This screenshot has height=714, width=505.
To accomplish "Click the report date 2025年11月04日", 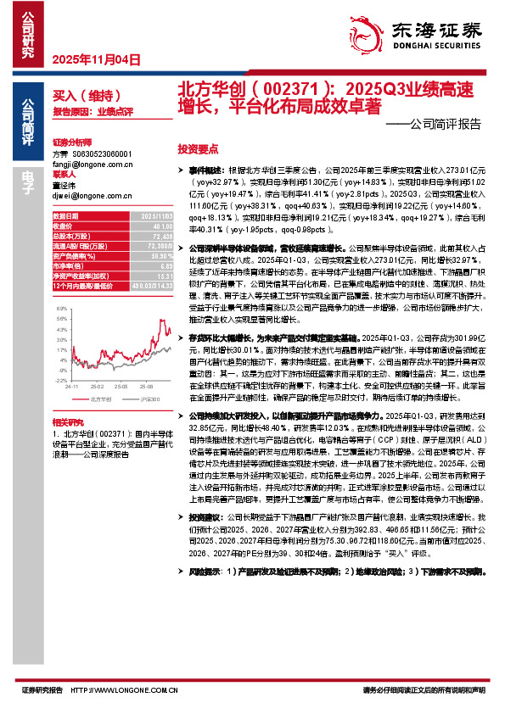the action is coord(95,59).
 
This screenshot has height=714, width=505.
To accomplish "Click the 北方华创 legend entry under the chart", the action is coord(98,398).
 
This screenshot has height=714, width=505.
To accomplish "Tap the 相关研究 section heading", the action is coord(67,421).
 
